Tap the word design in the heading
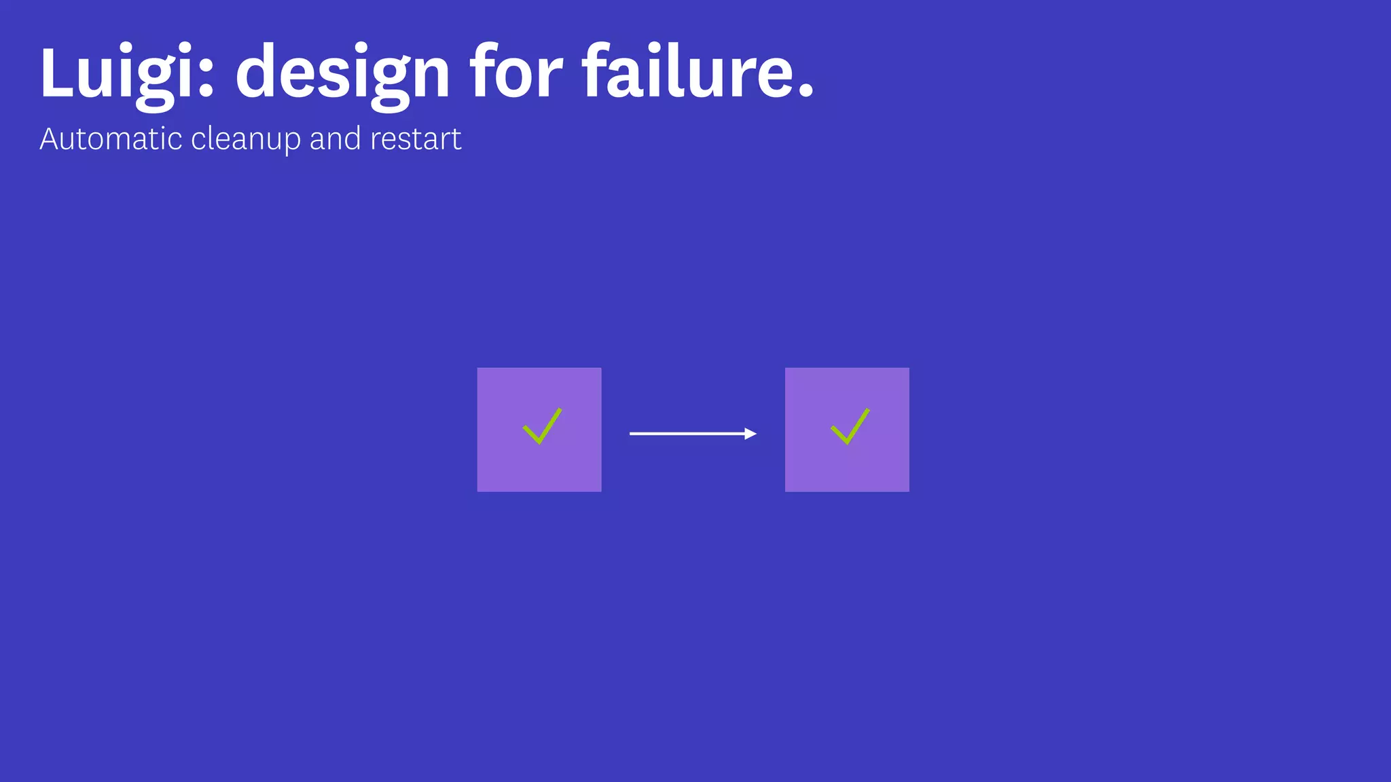pyautogui.click(x=342, y=73)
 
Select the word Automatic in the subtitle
pyautogui.click(x=111, y=139)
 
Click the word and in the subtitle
pyautogui.click(x=335, y=139)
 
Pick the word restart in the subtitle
pyautogui.click(x=416, y=139)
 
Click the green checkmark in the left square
pyautogui.click(x=542, y=427)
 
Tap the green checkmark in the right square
pyautogui.click(x=850, y=427)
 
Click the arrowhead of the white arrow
pyautogui.click(x=751, y=434)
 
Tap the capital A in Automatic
pyautogui.click(x=49, y=139)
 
